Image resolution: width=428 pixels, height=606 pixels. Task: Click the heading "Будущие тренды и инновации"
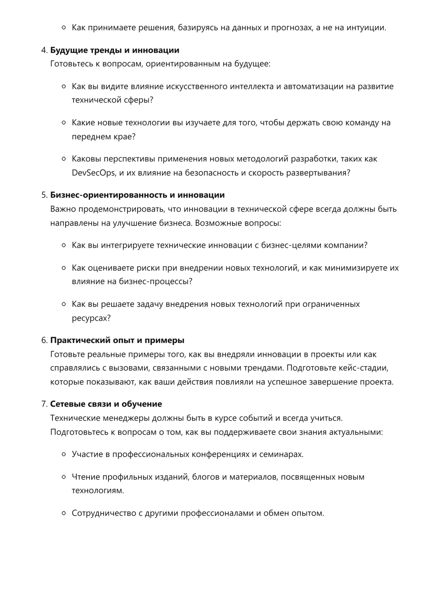click(115, 50)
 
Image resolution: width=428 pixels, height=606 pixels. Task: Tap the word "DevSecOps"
click(93, 173)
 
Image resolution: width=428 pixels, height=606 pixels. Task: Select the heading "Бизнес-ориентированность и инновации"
click(137, 195)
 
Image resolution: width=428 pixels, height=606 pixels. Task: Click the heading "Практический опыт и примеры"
click(117, 340)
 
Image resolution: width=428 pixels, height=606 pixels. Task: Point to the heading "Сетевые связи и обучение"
click(106, 404)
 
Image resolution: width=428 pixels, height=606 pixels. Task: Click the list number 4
click(44, 50)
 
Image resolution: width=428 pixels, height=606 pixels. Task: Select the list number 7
click(44, 404)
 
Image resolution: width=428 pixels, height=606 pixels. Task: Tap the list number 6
click(44, 340)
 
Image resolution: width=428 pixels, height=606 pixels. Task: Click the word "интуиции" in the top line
click(368, 28)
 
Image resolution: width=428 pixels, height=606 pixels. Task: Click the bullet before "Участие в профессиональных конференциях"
click(64, 454)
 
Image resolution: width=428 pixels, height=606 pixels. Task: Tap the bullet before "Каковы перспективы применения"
click(64, 159)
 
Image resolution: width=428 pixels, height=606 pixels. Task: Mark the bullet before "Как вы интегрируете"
click(64, 245)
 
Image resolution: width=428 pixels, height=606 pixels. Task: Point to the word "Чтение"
click(84, 477)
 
